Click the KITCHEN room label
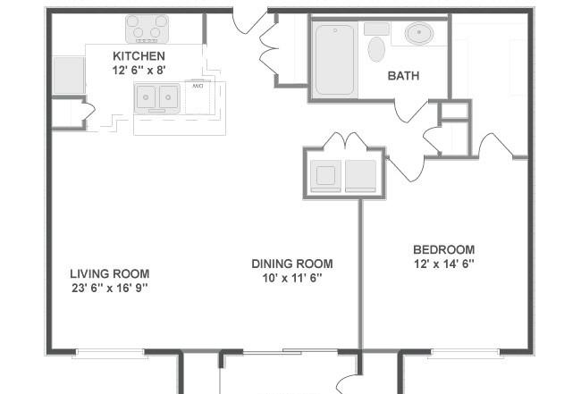click(x=139, y=56)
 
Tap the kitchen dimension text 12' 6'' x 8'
click(x=139, y=70)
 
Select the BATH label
click(x=403, y=76)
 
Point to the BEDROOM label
click(x=444, y=249)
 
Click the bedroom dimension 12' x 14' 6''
click(x=444, y=264)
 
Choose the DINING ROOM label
click(x=292, y=264)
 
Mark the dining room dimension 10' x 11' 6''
click(x=292, y=278)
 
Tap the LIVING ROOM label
click(x=110, y=274)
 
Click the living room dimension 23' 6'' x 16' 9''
click(x=110, y=288)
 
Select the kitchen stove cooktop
click(x=147, y=29)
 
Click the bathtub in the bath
click(x=334, y=60)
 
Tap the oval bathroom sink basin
click(x=419, y=33)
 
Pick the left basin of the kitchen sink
click(x=146, y=97)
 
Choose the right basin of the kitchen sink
click(x=169, y=97)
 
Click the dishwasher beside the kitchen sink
click(x=198, y=97)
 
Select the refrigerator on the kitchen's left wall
click(x=69, y=75)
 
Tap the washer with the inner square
click(x=325, y=176)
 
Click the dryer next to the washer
click(x=360, y=176)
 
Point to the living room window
click(x=110, y=353)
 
